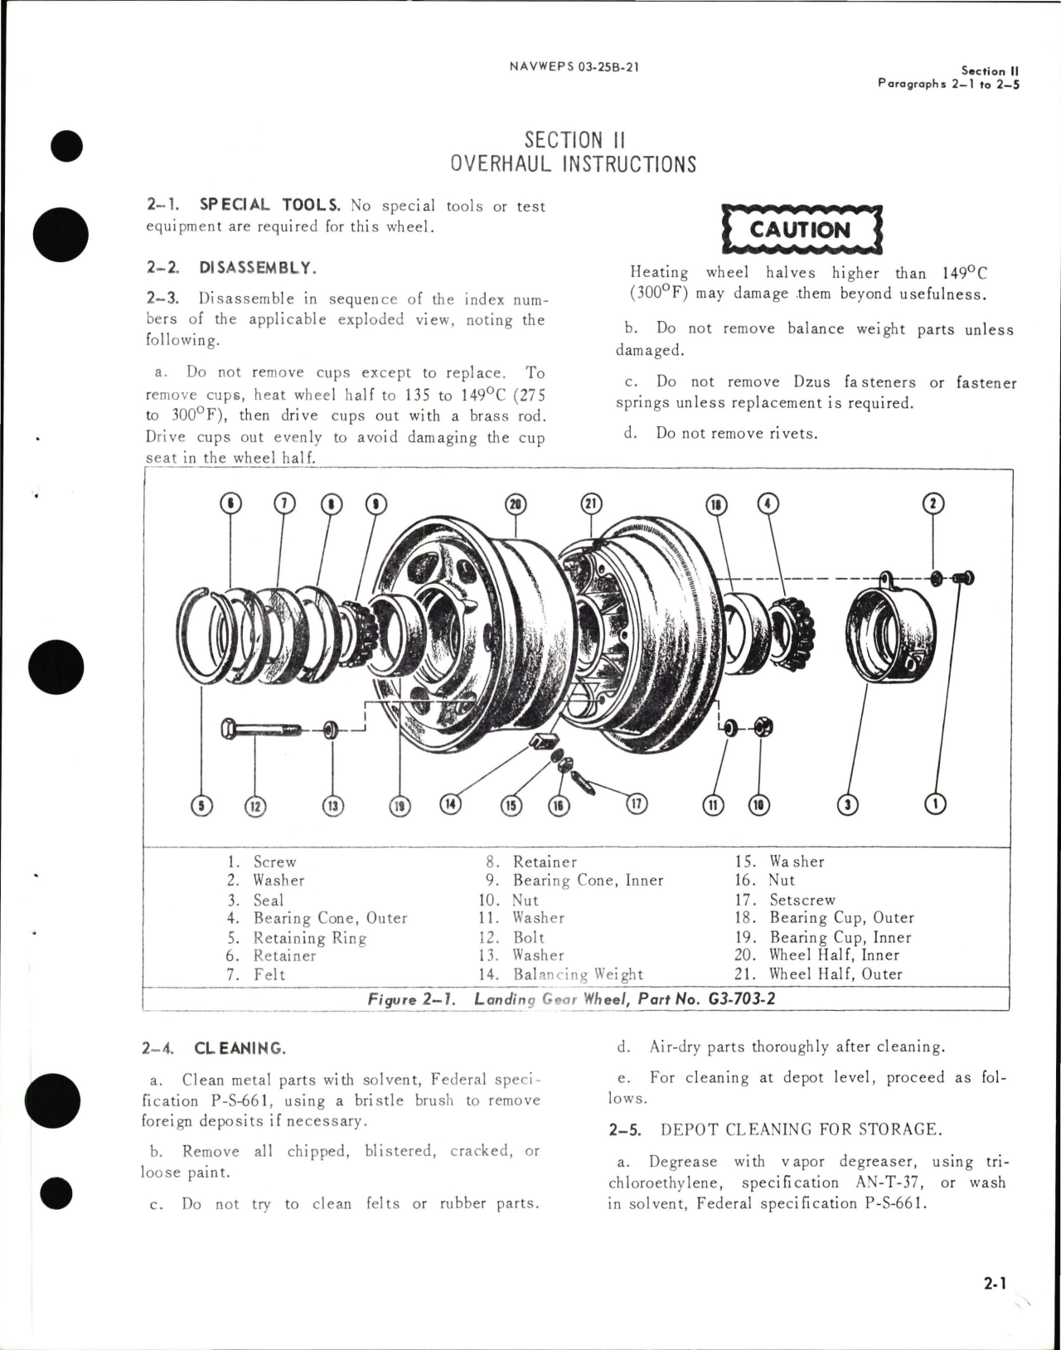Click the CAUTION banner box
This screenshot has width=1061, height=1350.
click(x=801, y=229)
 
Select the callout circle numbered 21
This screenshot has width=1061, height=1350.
click(x=592, y=503)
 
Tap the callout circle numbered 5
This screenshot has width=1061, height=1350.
click(x=201, y=804)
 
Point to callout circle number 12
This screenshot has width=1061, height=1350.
click(x=255, y=804)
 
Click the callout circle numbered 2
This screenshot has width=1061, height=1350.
click(x=934, y=503)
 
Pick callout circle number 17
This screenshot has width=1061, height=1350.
click(x=637, y=803)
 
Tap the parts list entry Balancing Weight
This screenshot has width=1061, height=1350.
click(x=578, y=974)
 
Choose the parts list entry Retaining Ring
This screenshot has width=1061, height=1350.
click(x=309, y=938)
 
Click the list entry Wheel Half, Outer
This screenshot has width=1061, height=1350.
click(x=835, y=974)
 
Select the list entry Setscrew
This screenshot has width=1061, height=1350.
click(x=802, y=900)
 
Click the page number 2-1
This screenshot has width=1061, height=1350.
click(x=995, y=1284)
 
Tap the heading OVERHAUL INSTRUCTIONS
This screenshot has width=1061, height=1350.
click(x=573, y=164)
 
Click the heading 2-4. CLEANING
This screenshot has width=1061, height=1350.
click(x=214, y=1048)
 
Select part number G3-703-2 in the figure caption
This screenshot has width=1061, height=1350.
click(x=742, y=998)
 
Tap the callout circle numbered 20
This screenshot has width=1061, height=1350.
click(x=516, y=503)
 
